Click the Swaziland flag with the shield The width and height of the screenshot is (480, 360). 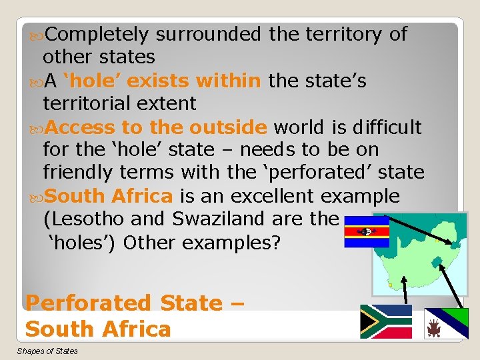point(366,231)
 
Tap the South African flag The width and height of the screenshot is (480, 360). point(386,321)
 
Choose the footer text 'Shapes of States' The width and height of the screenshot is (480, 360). point(47,351)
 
